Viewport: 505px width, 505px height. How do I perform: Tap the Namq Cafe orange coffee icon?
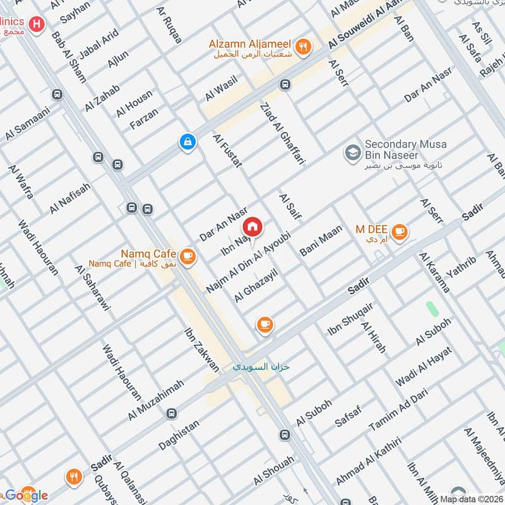(187, 256)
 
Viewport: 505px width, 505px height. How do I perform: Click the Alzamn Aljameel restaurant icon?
(304, 46)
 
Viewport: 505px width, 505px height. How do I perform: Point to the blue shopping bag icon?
(187, 142)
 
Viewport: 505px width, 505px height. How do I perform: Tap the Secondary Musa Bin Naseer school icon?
(352, 152)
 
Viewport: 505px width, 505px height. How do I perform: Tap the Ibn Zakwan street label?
(201, 348)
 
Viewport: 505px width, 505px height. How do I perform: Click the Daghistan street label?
(179, 435)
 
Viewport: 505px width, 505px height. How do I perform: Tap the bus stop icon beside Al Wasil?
(285, 85)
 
